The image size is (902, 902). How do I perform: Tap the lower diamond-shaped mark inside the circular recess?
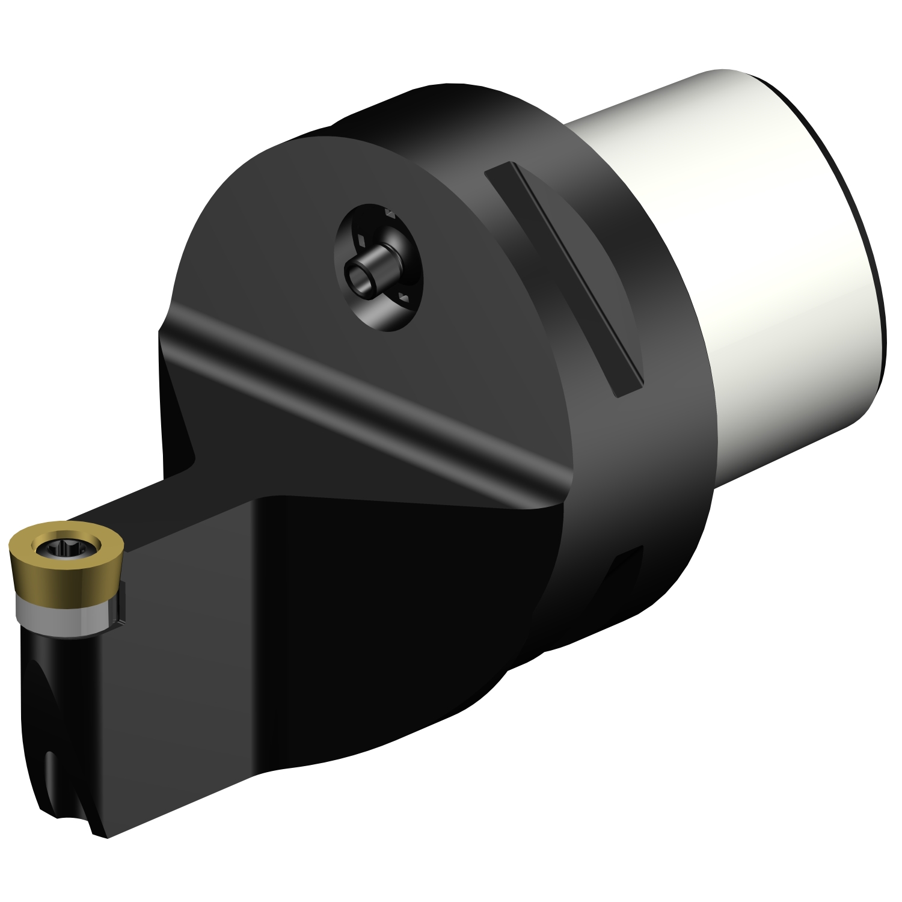pos(404,298)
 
